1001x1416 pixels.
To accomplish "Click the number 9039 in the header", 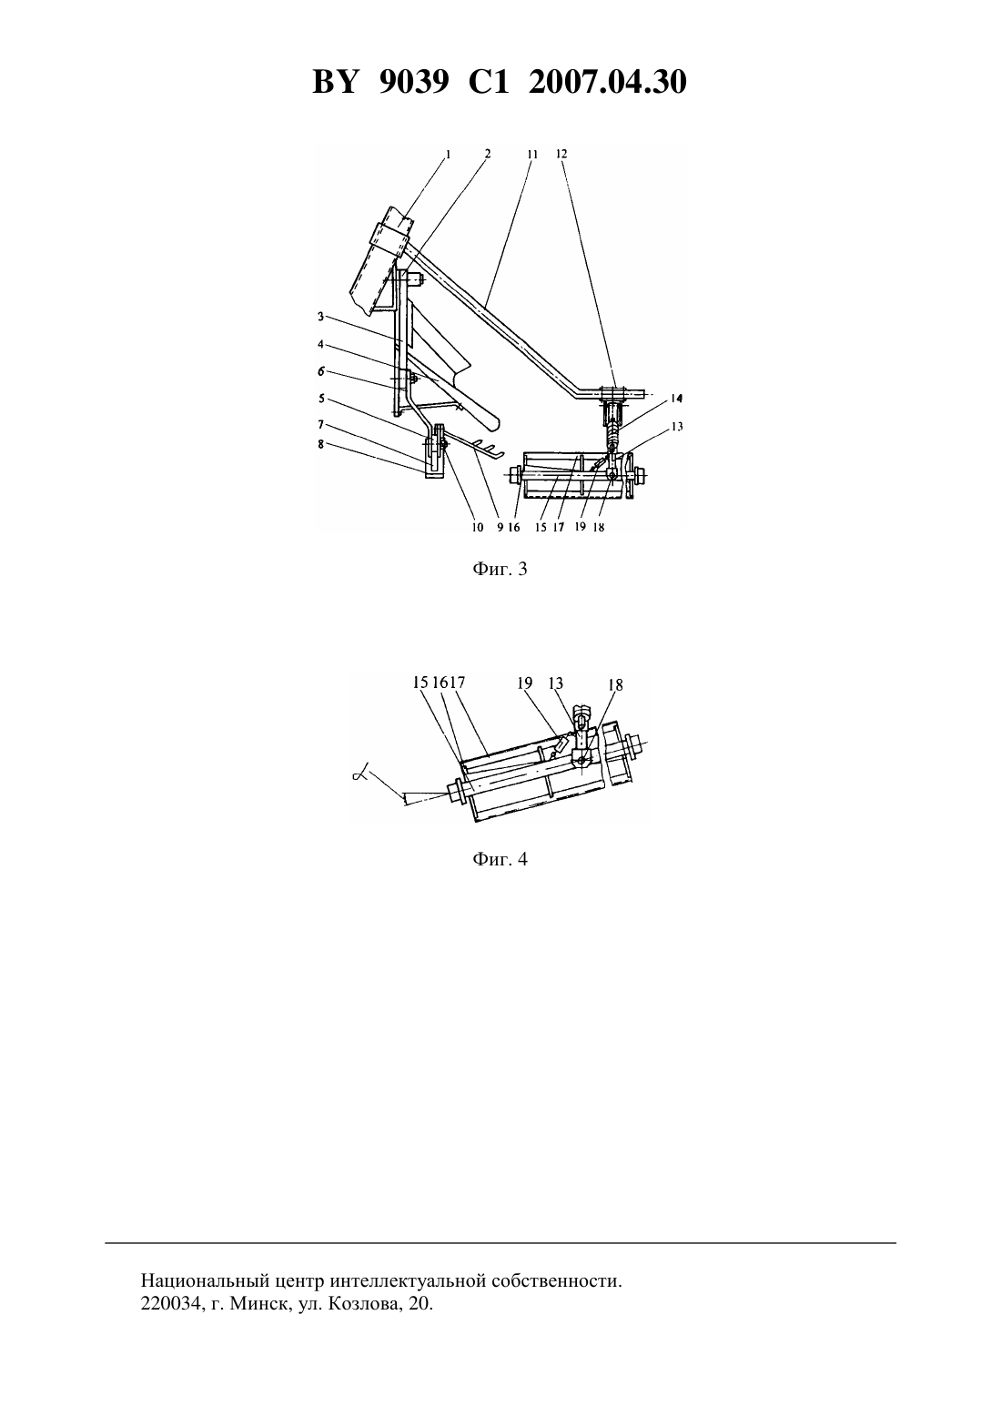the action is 414,83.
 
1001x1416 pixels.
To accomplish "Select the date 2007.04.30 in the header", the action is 607,83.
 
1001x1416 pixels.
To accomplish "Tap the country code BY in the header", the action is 335,83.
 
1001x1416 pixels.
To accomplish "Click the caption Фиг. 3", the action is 500,569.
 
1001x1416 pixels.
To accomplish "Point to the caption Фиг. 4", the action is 500,859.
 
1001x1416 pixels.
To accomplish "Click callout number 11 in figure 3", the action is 532,154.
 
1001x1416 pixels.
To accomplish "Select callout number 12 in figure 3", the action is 561,154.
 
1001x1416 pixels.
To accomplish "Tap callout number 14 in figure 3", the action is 677,399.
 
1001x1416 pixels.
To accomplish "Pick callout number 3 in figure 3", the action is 321,316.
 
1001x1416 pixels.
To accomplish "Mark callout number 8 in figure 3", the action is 321,444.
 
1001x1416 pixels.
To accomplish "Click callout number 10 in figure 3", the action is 478,527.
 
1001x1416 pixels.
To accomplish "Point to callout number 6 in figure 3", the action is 321,371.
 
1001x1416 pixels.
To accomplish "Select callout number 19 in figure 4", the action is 524,683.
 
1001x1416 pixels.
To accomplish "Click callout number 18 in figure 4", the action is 615,685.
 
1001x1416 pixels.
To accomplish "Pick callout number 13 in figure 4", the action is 556,683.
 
